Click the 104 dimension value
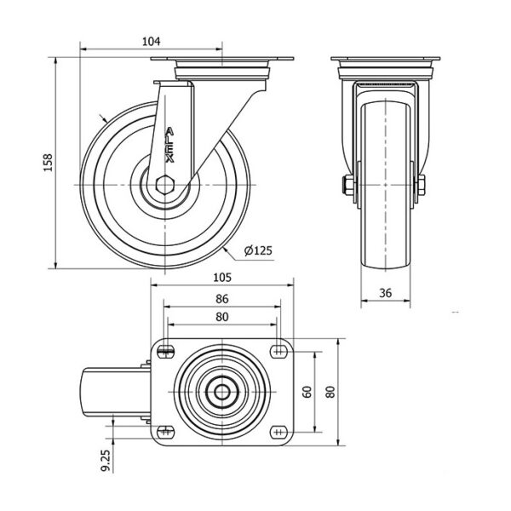[x=152, y=42]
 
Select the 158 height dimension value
[x=48, y=163]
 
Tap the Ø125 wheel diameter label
[x=258, y=250]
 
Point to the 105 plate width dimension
[x=222, y=278]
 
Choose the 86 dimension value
[x=222, y=299]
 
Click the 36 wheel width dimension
[x=385, y=293]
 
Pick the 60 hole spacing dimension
[x=307, y=392]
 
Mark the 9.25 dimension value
[x=106, y=461]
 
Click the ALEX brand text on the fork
[x=169, y=145]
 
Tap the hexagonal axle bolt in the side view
[x=165, y=185]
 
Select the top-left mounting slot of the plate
[x=165, y=352]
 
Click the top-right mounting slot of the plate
[x=278, y=352]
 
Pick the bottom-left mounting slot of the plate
[x=165, y=432]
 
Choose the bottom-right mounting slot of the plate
[x=278, y=432]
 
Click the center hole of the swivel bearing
[x=222, y=392]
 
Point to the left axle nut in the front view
[x=349, y=185]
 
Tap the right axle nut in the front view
[x=421, y=185]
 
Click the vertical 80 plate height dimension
[x=330, y=392]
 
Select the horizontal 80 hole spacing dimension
[x=222, y=317]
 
